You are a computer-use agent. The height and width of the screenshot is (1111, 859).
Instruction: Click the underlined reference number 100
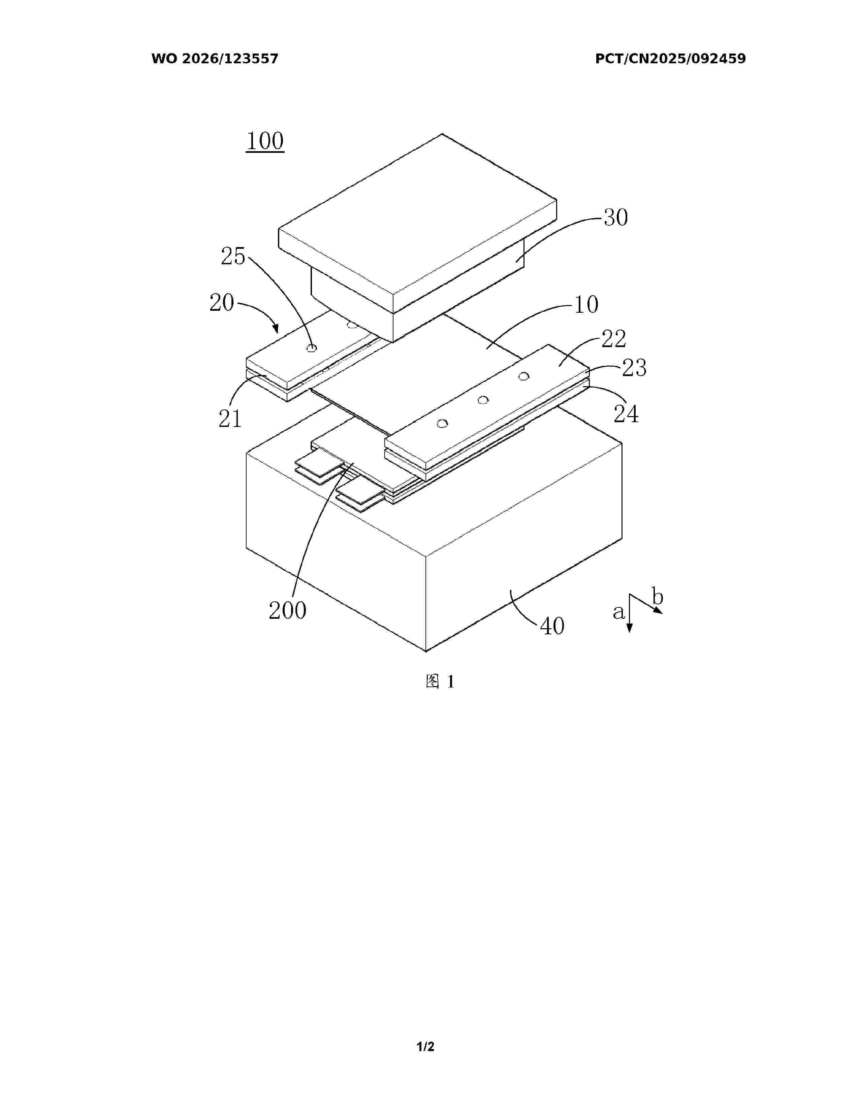pos(265,141)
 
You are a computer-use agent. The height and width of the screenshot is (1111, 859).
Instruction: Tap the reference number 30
pos(616,218)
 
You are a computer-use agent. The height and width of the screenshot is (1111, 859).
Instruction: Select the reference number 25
pos(233,257)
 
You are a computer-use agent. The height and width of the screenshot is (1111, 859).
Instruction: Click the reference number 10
pos(586,305)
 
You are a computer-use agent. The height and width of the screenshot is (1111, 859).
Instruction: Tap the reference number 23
pos(634,368)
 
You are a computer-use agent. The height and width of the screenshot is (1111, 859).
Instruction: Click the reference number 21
pos(230,419)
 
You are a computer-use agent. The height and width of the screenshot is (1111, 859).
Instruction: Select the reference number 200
pos(288,610)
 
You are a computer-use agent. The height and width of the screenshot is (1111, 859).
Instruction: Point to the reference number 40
pos(552,626)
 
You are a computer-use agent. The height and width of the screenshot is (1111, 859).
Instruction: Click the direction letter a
pos(618,612)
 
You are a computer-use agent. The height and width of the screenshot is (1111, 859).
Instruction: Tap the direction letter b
pos(658,597)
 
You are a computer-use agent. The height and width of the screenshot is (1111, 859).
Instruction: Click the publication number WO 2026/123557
pos(215,59)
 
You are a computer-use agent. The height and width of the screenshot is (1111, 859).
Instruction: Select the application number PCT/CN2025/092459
pos(670,59)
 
